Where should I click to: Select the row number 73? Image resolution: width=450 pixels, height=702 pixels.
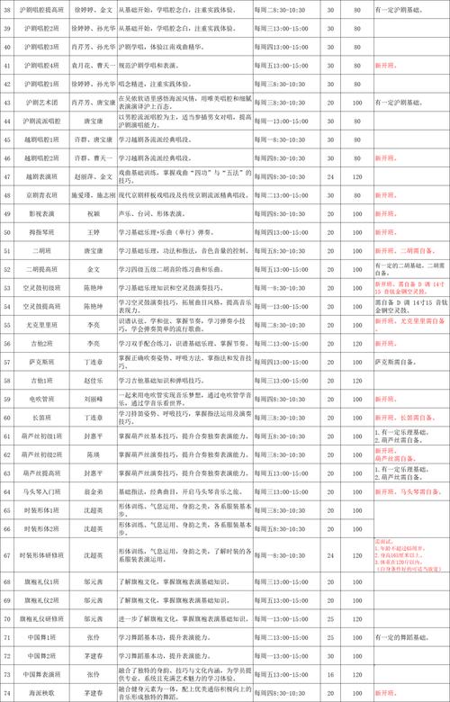[8, 674]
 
